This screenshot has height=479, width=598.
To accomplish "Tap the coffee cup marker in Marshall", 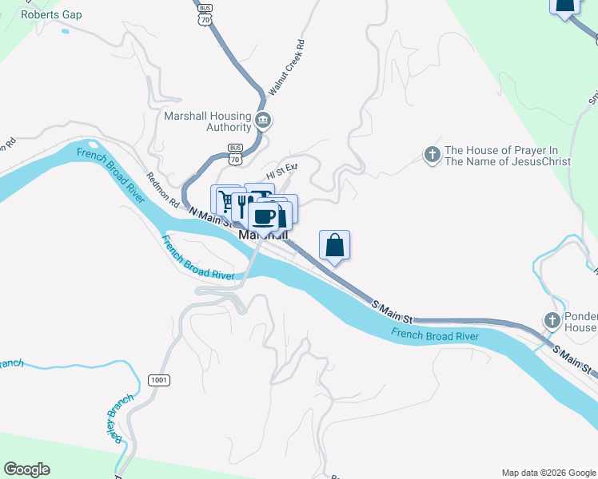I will click(x=264, y=216).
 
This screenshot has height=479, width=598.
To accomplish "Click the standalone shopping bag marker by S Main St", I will click(x=334, y=245).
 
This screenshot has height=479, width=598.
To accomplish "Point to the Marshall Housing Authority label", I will click(x=206, y=121).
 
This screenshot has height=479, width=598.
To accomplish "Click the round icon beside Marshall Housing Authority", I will click(x=264, y=121).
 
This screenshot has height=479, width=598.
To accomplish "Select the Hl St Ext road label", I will click(x=281, y=170).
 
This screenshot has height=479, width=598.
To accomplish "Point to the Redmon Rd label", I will click(x=162, y=191).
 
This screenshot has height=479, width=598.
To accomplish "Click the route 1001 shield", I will click(x=158, y=380).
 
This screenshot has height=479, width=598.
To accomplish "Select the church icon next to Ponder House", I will click(x=552, y=321).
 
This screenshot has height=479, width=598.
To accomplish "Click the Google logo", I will click(x=26, y=469).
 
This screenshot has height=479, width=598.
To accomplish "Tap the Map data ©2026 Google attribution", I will click(x=548, y=473).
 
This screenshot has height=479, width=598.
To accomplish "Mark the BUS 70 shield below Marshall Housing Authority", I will click(x=235, y=154).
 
